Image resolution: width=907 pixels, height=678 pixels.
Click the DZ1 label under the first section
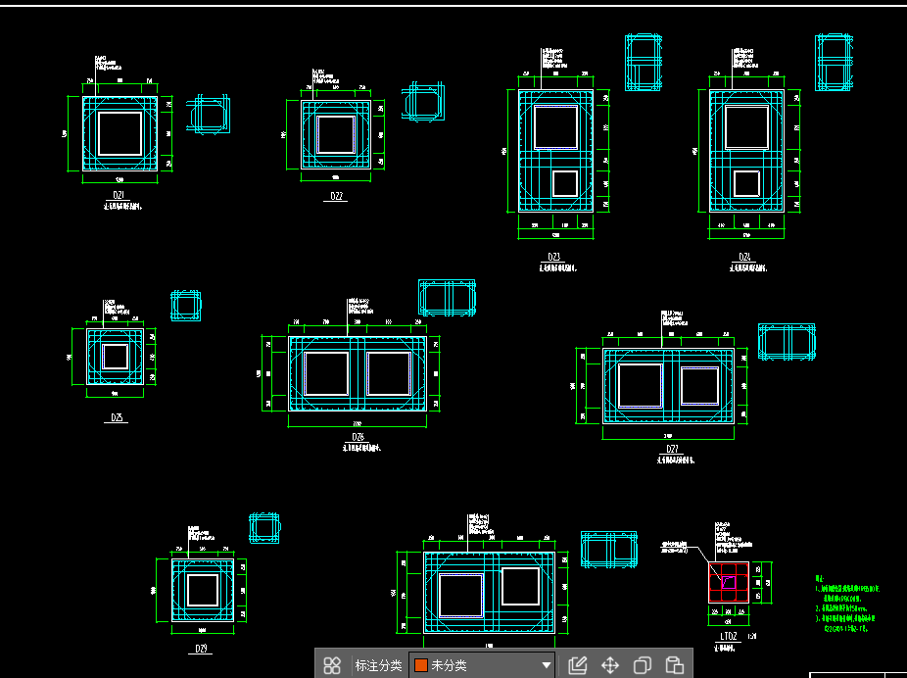pos(119,195)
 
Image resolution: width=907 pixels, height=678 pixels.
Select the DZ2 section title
pos(336,196)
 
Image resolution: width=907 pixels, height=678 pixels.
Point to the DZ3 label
pos(554,257)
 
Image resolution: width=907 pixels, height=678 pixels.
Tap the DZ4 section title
pos(744,257)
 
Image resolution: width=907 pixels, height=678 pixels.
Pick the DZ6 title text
pos(358,437)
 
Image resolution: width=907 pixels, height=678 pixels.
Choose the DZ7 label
pos(672,449)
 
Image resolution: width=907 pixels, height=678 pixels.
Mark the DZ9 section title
pos(202,648)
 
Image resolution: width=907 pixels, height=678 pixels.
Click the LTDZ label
pos(729,636)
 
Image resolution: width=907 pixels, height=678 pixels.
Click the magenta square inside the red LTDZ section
pos(729,582)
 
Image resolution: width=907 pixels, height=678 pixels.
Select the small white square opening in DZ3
pos(564,183)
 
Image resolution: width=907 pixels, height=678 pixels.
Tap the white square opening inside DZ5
pos(116,356)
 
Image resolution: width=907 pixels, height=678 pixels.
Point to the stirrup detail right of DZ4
pos(834,63)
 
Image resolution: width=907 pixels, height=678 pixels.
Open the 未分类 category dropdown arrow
pos(546,665)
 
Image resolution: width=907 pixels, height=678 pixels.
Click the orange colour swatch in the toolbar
pos(420,665)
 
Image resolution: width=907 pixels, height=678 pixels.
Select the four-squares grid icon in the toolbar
pos(332,665)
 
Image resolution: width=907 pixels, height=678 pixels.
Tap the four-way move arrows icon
pos(609,665)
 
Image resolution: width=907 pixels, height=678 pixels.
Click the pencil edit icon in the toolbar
pos(577,665)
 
